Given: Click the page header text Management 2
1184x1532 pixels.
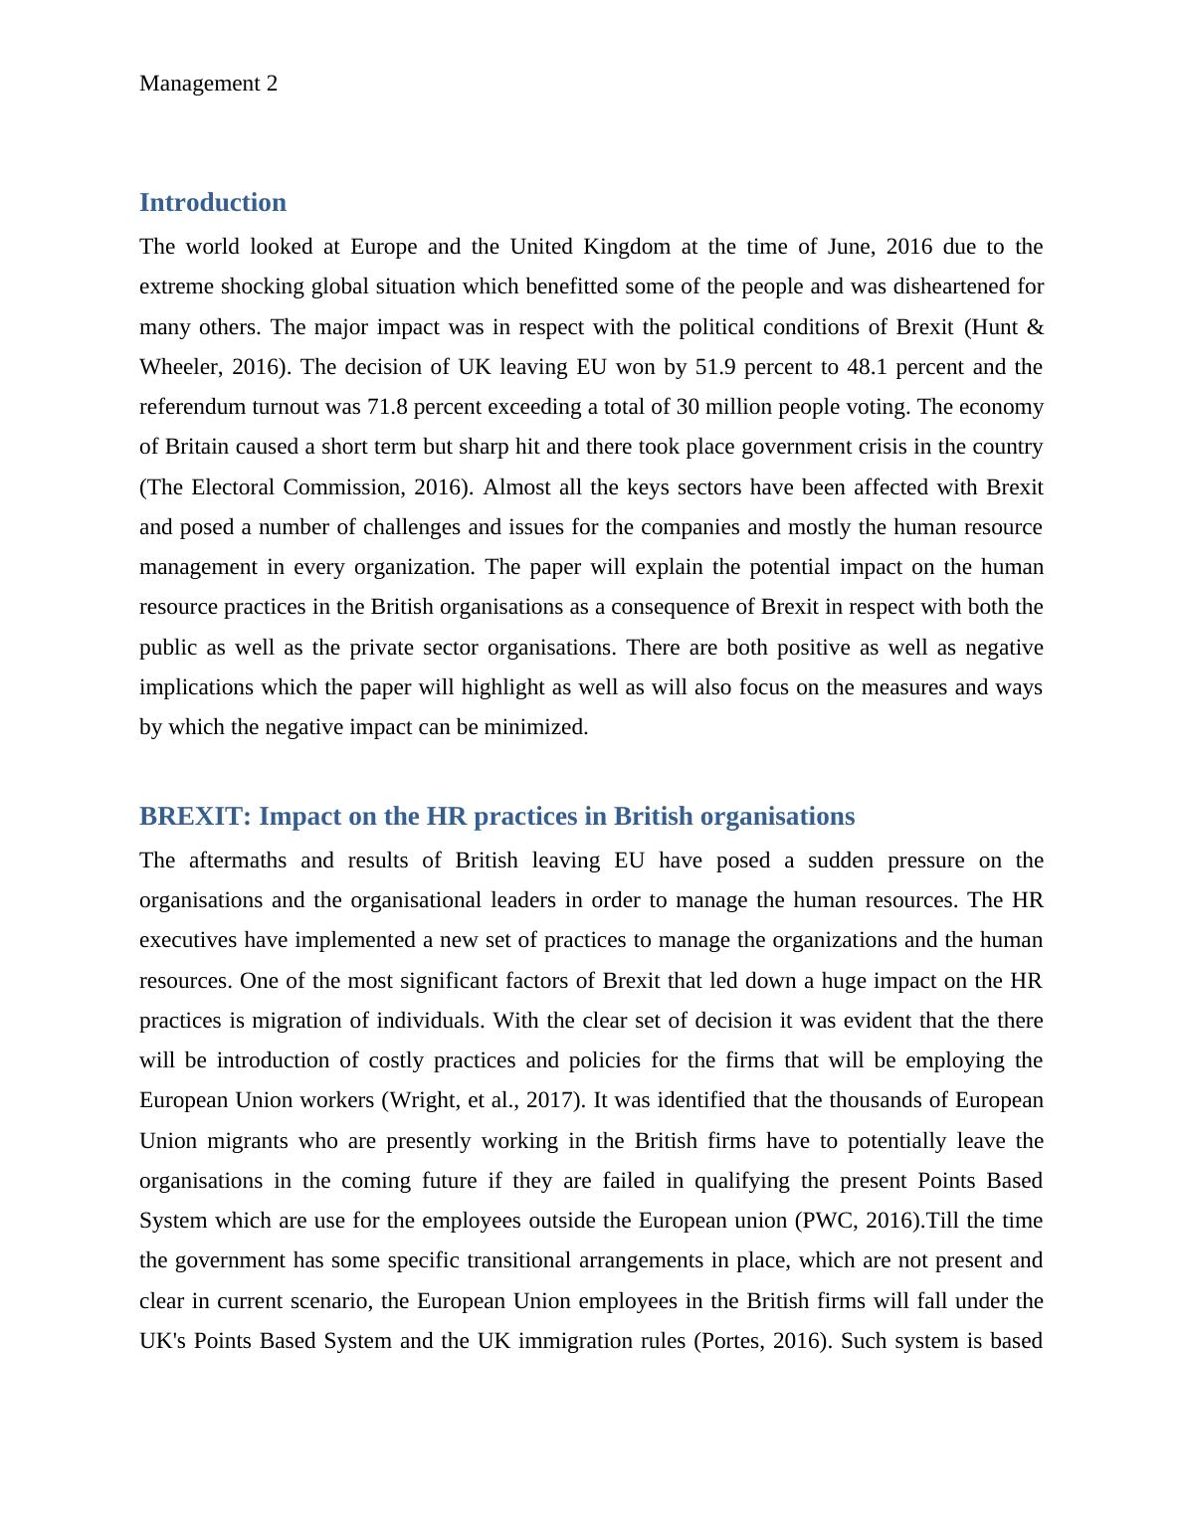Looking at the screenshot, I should pyautogui.click(x=208, y=84).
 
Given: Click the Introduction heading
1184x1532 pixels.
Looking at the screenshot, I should pyautogui.click(x=212, y=203).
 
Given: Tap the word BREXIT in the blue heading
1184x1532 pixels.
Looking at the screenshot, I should pyautogui.click(x=195, y=817).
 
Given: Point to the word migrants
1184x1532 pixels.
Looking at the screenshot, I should pyautogui.click(x=245, y=1141).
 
